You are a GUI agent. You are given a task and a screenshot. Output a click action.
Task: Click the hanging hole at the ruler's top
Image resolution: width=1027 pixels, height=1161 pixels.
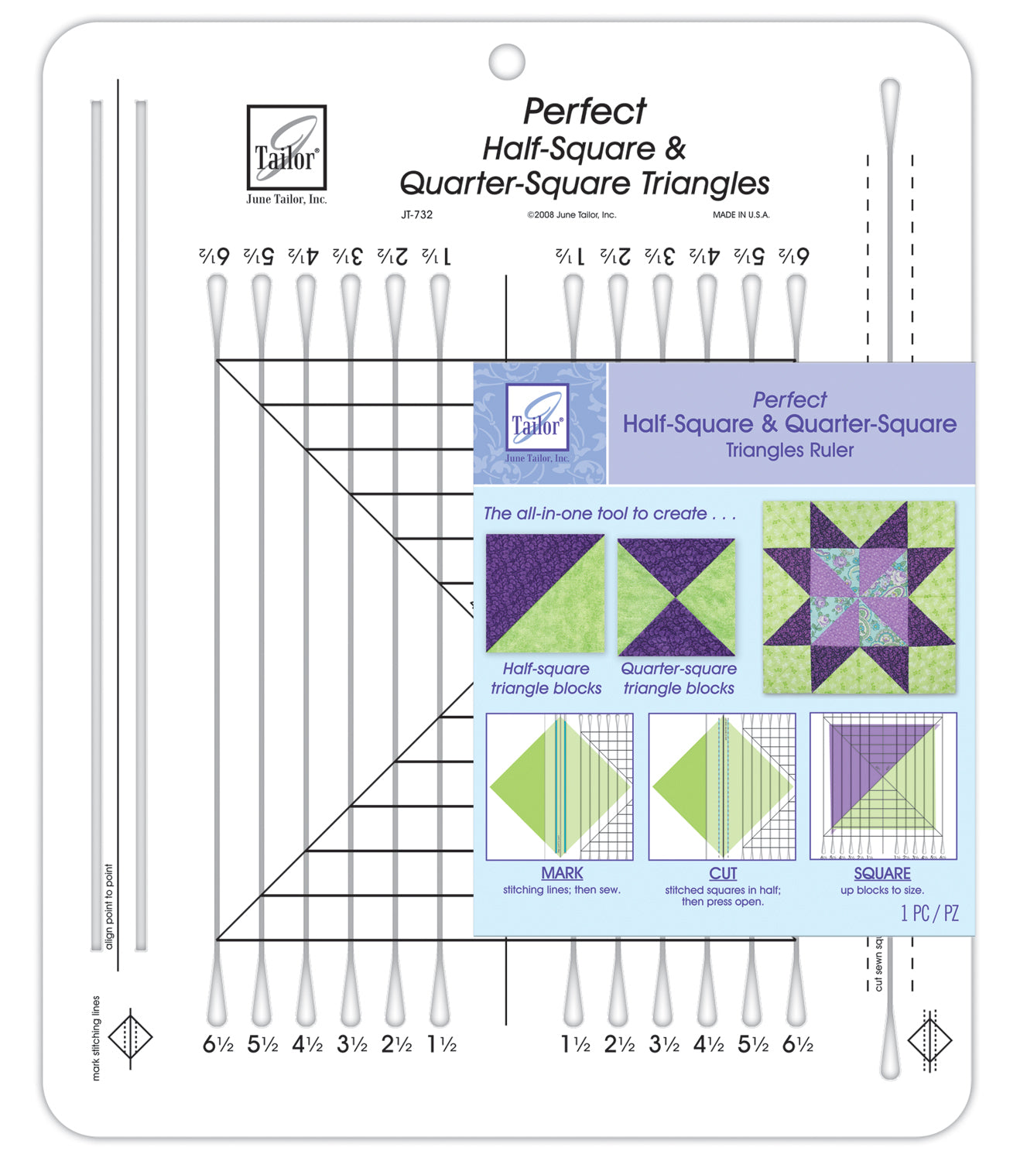[x=507, y=61]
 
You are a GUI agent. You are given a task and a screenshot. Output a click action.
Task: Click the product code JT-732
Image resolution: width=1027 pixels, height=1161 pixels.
[x=416, y=215]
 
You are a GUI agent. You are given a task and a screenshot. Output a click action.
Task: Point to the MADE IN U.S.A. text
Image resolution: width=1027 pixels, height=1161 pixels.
[x=741, y=215]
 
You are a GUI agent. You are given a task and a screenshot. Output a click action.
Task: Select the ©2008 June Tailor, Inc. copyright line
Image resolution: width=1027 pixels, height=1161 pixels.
[x=571, y=215]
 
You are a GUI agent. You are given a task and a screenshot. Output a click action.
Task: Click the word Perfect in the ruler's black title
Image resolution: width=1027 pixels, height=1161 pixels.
[x=584, y=111]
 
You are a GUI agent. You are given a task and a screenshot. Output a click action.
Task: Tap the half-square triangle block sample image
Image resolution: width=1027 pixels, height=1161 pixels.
[x=545, y=594]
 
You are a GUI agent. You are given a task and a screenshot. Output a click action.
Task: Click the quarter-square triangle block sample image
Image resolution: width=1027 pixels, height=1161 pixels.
[x=676, y=597]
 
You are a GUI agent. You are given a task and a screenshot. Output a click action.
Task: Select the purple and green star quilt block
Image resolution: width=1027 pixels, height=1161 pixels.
[x=858, y=597]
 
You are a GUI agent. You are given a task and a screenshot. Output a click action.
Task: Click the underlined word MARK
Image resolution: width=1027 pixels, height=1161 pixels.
[x=562, y=873]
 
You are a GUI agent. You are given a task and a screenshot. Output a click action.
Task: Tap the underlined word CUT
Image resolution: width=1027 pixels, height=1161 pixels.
[x=723, y=873]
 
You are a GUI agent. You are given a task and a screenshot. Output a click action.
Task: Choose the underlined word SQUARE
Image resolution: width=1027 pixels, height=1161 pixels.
[x=882, y=873]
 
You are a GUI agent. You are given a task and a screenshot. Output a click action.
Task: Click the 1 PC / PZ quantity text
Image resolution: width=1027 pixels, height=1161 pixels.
[x=929, y=913]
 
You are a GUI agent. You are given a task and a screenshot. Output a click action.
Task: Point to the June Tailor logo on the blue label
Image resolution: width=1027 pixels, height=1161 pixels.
[x=537, y=422]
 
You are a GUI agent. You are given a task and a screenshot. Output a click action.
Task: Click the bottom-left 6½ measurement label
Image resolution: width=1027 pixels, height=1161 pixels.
[x=217, y=1045]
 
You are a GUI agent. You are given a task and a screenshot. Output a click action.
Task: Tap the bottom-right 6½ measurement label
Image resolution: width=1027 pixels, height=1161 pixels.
[x=797, y=1045]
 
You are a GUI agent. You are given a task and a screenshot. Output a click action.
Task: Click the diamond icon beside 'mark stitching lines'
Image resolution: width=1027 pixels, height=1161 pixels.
[x=130, y=1038]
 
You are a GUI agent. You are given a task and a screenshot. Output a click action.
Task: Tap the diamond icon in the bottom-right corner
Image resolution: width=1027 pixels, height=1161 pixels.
[x=929, y=1040]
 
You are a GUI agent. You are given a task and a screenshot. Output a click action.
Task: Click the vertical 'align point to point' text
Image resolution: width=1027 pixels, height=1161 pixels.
[x=109, y=906]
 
